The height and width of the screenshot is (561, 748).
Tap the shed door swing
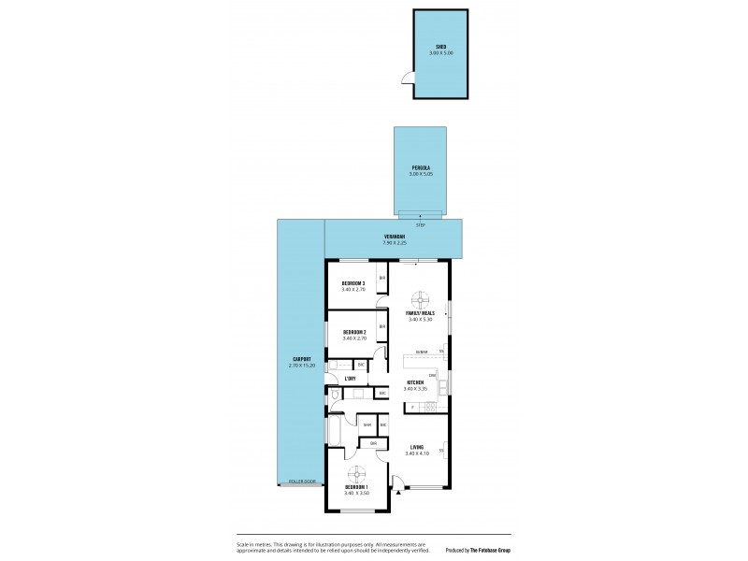(404, 79)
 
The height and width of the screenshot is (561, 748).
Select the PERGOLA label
(420, 169)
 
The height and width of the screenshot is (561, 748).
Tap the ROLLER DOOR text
(303, 482)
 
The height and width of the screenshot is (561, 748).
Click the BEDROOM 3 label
(352, 283)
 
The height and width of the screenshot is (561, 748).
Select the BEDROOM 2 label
(353, 333)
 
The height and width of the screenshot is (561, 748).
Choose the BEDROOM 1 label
(356, 488)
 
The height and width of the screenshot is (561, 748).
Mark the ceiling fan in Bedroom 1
(356, 472)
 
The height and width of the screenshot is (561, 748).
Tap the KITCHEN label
(414, 382)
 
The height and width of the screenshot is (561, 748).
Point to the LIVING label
(417, 449)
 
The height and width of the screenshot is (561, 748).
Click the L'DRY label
(350, 378)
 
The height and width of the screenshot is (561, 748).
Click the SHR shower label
(367, 425)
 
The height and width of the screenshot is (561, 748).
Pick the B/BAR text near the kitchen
(422, 352)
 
